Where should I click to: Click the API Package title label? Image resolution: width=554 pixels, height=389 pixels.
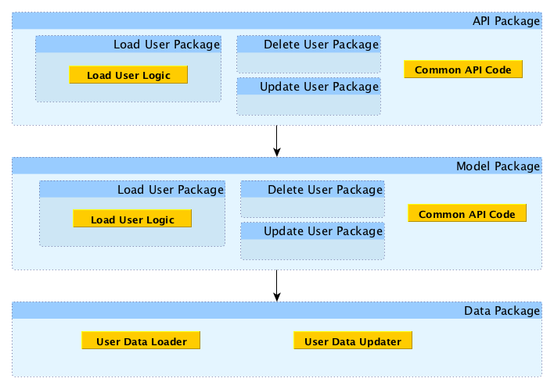click(506, 21)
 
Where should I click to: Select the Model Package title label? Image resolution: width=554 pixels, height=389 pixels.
click(498, 166)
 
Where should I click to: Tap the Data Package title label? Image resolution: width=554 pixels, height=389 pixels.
click(502, 311)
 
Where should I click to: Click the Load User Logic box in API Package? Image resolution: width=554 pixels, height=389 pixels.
click(128, 75)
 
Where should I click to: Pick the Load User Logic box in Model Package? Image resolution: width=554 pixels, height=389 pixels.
click(132, 219)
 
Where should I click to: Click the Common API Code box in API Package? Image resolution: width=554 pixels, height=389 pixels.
click(463, 69)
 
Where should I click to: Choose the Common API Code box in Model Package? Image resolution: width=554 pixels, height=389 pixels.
click(467, 213)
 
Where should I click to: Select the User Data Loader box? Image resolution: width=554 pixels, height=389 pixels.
click(141, 341)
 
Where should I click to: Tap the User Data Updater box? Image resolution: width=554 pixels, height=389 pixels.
click(353, 341)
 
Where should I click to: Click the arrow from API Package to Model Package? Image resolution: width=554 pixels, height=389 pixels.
click(277, 141)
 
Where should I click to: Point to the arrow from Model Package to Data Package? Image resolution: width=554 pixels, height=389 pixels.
click(277, 286)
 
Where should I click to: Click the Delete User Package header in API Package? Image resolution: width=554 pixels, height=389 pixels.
click(308, 45)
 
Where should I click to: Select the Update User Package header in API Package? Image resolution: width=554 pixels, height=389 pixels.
click(308, 87)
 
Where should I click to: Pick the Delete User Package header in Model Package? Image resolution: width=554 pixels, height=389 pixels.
click(312, 189)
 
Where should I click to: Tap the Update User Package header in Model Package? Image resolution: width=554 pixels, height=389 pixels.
click(312, 231)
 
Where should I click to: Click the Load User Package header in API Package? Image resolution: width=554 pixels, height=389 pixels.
click(128, 45)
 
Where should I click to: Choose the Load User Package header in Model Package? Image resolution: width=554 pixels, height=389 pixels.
click(132, 189)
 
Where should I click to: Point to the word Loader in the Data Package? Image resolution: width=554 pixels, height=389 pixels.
click(168, 341)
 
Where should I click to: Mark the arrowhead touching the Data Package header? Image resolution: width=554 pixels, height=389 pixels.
click(277, 297)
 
